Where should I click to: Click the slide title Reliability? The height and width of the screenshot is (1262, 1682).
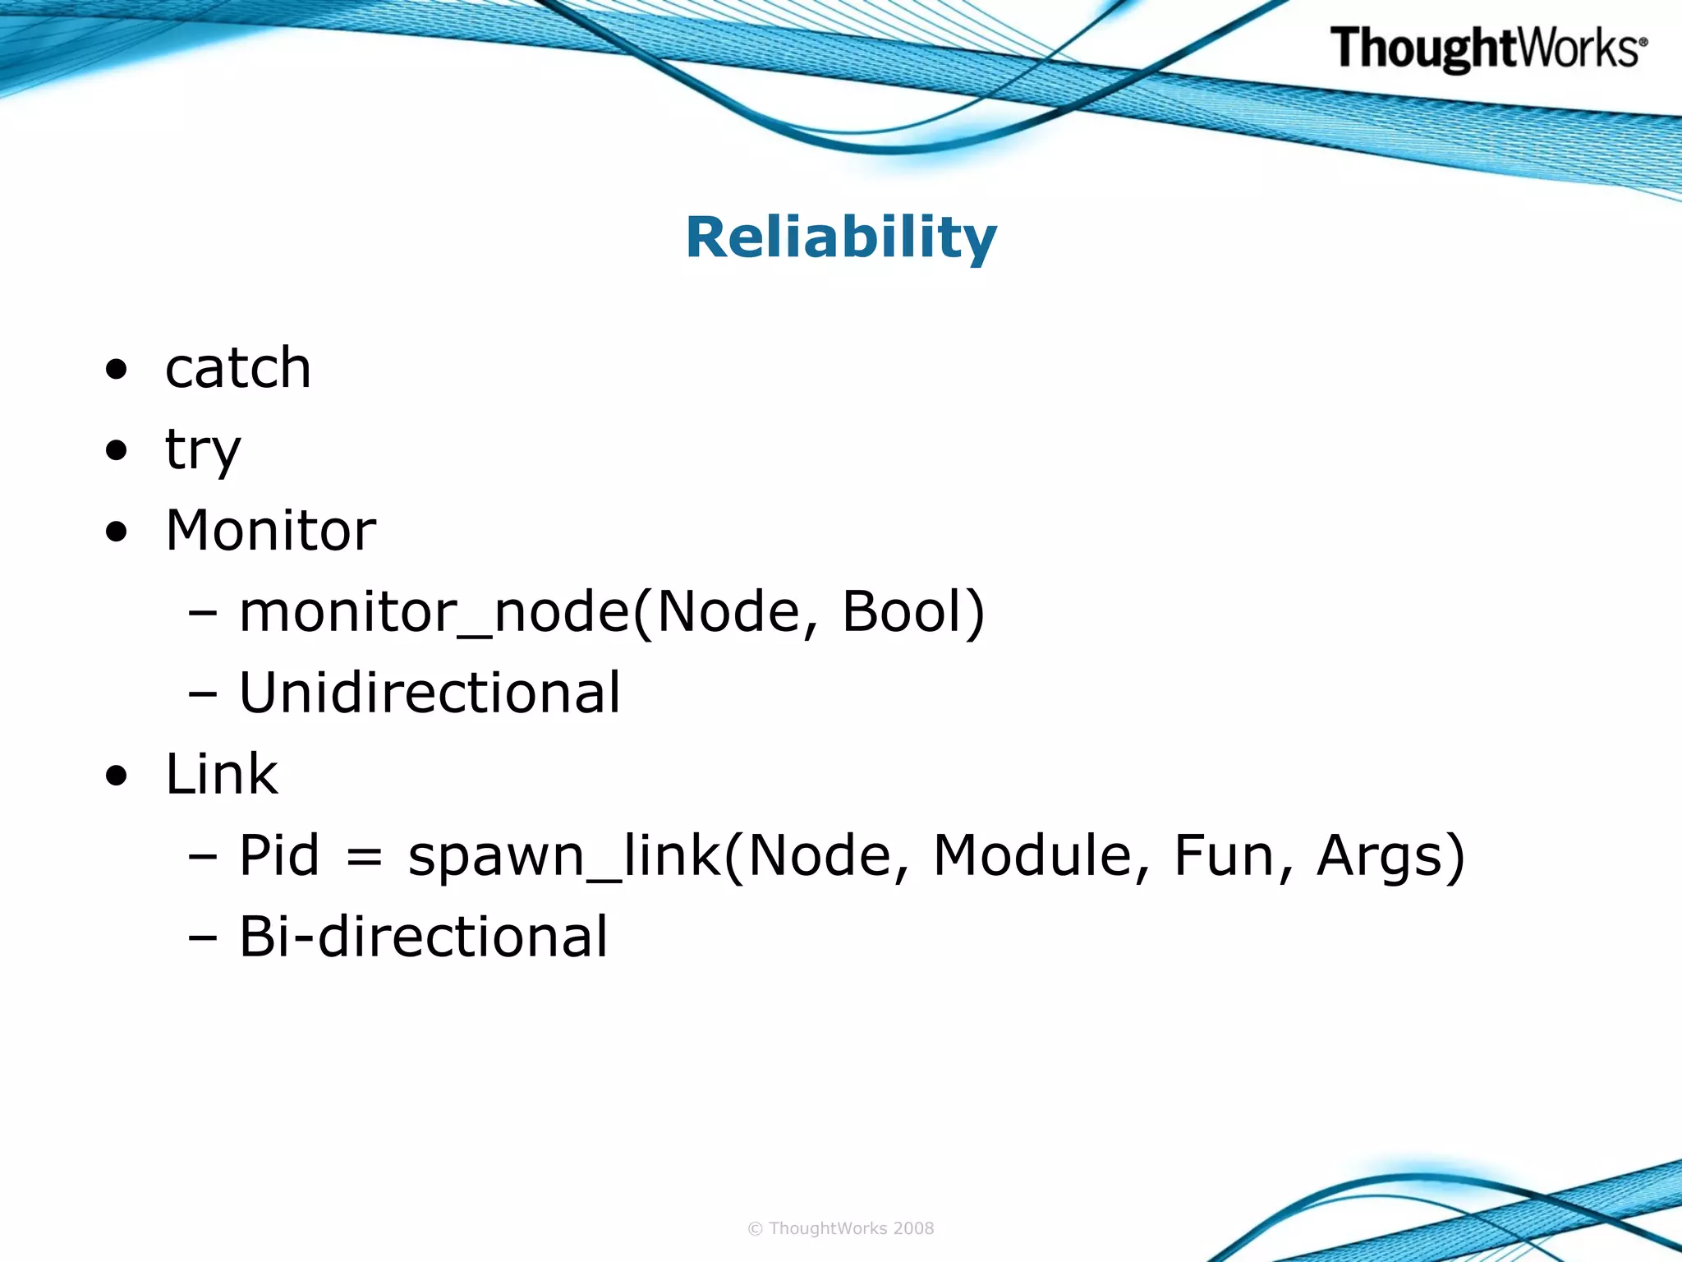click(841, 237)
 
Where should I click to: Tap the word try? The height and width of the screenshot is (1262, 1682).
click(203, 449)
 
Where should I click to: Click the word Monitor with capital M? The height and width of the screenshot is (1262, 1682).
click(271, 530)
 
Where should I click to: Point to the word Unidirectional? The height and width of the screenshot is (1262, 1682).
click(430, 693)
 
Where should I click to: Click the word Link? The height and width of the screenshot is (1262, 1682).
click(222, 774)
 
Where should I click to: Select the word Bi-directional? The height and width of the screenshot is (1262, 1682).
click(423, 937)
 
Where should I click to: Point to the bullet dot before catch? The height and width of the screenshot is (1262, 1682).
click(117, 369)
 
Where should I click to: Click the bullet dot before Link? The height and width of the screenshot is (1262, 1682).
click(117, 776)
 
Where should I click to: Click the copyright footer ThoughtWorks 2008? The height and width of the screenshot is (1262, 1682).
click(841, 1228)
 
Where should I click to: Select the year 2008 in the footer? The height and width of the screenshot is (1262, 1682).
click(913, 1228)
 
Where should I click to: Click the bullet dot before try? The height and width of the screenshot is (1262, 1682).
click(117, 450)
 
